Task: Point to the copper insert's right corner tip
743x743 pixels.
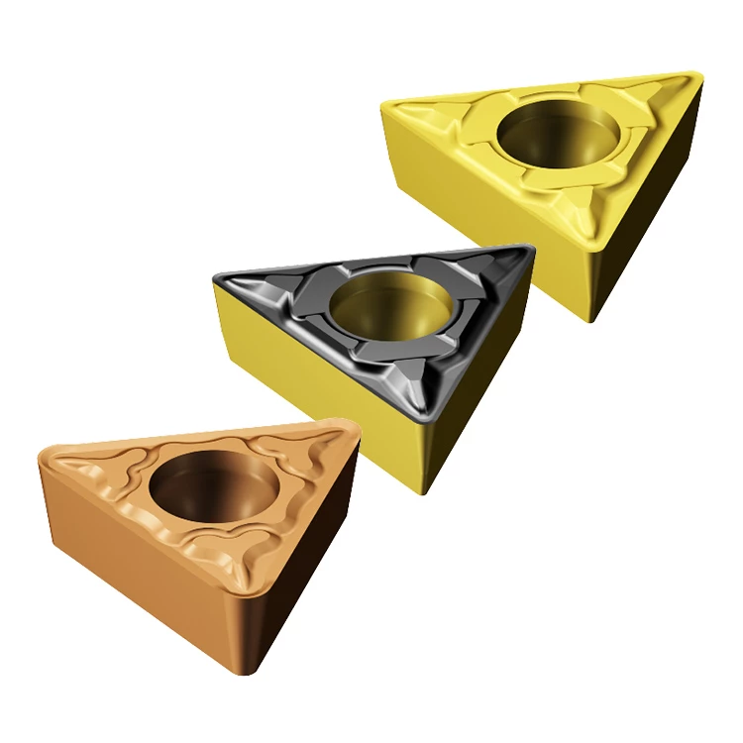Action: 352,428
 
